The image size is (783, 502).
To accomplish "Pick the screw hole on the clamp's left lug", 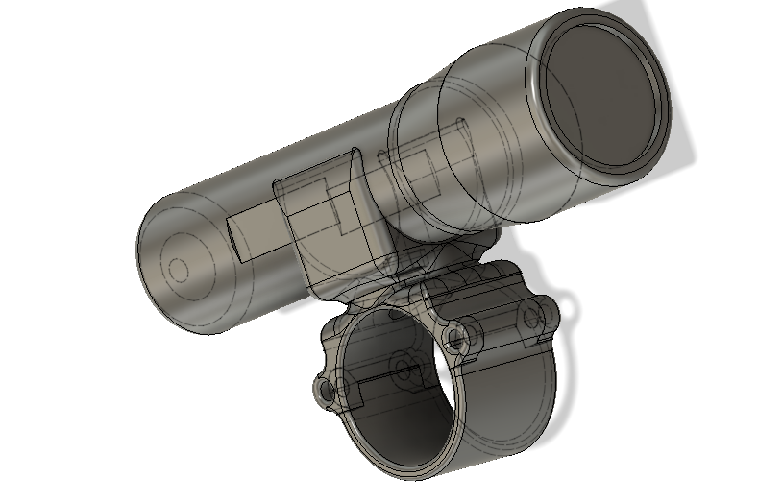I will tap(326, 391).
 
